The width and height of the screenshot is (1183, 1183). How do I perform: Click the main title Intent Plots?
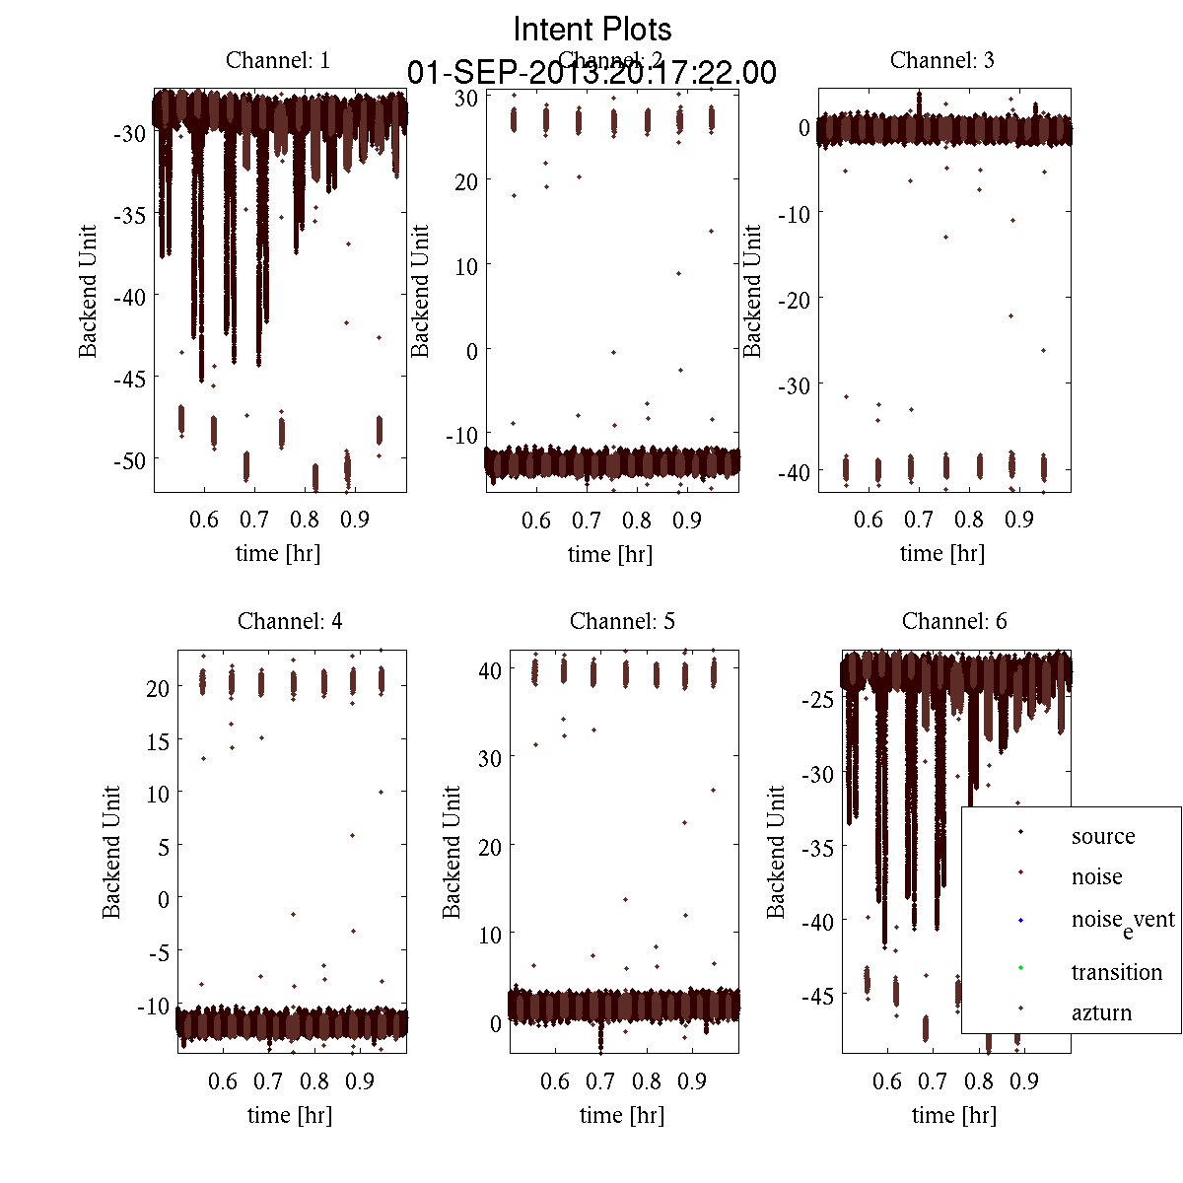pyautogui.click(x=592, y=29)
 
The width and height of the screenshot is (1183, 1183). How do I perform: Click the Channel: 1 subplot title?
pyautogui.click(x=278, y=60)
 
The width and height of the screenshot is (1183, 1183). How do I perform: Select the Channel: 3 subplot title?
pyautogui.click(x=941, y=60)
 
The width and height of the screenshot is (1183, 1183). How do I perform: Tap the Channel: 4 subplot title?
pyautogui.click(x=290, y=621)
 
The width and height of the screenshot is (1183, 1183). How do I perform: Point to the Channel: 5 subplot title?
pyautogui.click(x=622, y=621)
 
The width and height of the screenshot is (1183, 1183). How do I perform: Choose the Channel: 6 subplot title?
pyautogui.click(x=954, y=621)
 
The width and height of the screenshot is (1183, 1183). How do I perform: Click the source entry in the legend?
pyautogui.click(x=1102, y=836)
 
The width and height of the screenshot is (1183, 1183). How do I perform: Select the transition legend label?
pyautogui.click(x=1116, y=972)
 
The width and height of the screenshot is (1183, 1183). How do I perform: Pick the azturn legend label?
pyautogui.click(x=1101, y=1012)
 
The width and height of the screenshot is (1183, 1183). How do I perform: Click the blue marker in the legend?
pyautogui.click(x=1020, y=921)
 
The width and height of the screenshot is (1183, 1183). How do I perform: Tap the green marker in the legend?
pyautogui.click(x=1020, y=967)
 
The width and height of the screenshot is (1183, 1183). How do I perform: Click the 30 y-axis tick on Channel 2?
pyautogui.click(x=466, y=97)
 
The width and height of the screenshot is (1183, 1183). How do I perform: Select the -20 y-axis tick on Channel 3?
pyautogui.click(x=795, y=299)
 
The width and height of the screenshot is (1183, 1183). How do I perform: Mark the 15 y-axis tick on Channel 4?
pyautogui.click(x=158, y=740)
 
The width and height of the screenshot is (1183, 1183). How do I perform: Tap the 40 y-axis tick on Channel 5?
pyautogui.click(x=490, y=669)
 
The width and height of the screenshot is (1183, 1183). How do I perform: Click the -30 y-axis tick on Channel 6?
pyautogui.click(x=819, y=775)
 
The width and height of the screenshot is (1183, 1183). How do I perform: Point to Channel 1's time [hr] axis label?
pyautogui.click(x=278, y=553)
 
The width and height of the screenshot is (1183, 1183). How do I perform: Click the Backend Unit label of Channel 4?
pyautogui.click(x=111, y=852)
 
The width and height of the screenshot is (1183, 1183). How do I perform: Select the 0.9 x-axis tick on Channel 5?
pyautogui.click(x=692, y=1081)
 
